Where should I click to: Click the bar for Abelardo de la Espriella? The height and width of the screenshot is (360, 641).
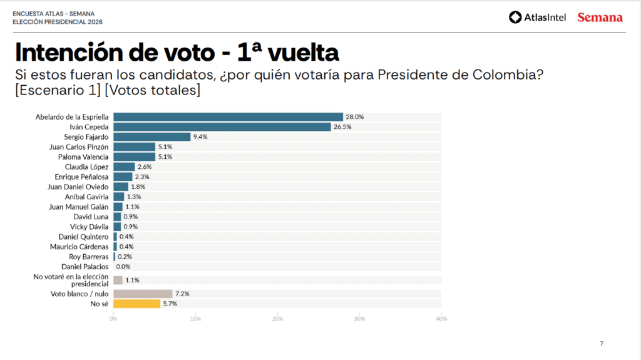coord(228,116)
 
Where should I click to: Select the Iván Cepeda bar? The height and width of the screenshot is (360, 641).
coord(222,126)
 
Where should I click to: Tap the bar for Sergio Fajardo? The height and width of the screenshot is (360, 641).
coord(151,136)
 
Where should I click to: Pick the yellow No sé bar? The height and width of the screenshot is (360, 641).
coord(136,304)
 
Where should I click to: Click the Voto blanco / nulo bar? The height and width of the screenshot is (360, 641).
coord(143,294)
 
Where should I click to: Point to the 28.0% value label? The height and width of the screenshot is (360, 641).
coord(355,116)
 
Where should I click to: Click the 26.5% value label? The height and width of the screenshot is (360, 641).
coord(342,126)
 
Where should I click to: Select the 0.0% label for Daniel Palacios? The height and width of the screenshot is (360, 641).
coord(123,267)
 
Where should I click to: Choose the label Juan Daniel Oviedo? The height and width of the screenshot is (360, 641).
coord(78,187)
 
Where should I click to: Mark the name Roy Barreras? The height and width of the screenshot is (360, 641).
coord(88,257)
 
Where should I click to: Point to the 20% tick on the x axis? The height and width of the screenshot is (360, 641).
coord(277,319)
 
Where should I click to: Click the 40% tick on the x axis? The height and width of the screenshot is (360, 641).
coord(441,319)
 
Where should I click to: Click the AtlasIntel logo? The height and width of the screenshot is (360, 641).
coord(537,18)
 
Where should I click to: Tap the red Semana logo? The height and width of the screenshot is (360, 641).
coord(600,18)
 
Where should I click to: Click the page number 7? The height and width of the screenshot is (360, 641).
coord(602,343)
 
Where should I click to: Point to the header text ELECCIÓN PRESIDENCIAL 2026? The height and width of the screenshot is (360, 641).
coord(57,22)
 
